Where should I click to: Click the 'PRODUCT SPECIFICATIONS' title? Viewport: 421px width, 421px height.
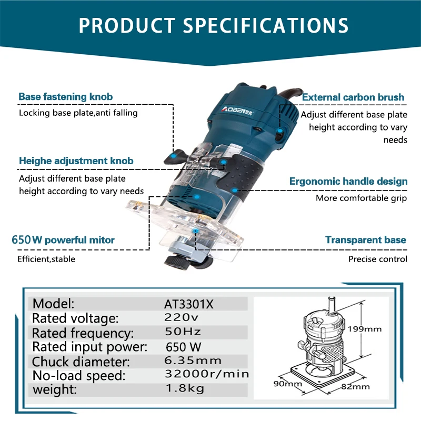(x=213, y=25)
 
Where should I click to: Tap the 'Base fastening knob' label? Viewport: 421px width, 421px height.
(x=66, y=97)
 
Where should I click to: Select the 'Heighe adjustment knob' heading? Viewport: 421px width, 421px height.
(x=76, y=161)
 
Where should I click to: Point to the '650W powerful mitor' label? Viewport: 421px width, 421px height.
(x=63, y=240)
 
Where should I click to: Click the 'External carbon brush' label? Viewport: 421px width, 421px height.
(x=353, y=97)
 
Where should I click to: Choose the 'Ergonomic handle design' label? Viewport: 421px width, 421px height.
(x=348, y=182)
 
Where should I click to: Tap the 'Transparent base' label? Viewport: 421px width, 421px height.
(x=366, y=240)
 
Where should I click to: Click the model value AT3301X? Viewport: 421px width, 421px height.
(x=189, y=304)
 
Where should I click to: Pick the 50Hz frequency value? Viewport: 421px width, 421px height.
(x=183, y=332)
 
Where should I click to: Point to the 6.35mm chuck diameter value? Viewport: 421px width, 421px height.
(x=193, y=361)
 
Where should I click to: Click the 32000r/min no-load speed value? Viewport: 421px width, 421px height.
(x=206, y=375)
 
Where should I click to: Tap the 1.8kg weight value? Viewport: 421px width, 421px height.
(x=184, y=389)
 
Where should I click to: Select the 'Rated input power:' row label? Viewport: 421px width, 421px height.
(x=90, y=347)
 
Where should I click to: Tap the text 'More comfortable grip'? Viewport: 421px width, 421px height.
(x=362, y=198)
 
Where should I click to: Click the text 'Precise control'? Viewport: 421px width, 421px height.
(x=377, y=259)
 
